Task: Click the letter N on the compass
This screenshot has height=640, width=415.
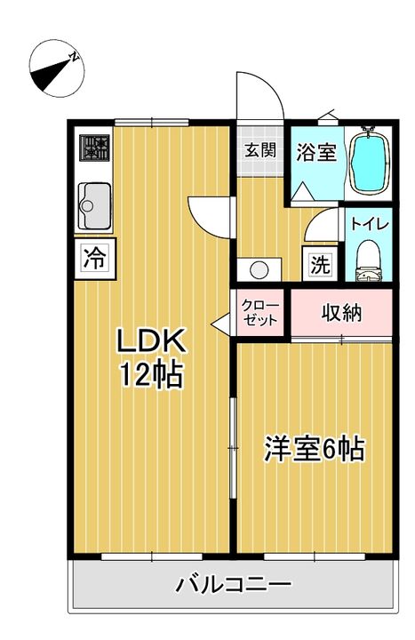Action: pyautogui.click(x=75, y=57)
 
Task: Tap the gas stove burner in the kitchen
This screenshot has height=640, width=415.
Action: pyautogui.click(x=95, y=148)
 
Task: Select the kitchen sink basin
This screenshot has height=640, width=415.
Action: pyautogui.click(x=97, y=206)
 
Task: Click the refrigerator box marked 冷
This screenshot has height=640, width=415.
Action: pyautogui.click(x=95, y=259)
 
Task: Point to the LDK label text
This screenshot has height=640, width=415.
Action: pyautogui.click(x=151, y=340)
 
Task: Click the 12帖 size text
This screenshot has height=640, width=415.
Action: pyautogui.click(x=150, y=375)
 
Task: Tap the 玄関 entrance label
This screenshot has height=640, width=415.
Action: pyautogui.click(x=260, y=150)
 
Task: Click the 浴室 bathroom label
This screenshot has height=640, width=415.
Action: pyautogui.click(x=316, y=152)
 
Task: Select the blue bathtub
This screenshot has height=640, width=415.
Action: pyautogui.click(x=368, y=163)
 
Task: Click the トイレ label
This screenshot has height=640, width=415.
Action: pyautogui.click(x=371, y=225)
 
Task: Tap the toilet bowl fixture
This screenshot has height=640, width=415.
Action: pyautogui.click(x=369, y=261)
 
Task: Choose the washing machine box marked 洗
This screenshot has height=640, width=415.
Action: pyautogui.click(x=320, y=264)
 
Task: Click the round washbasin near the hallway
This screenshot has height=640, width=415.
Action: pyautogui.click(x=259, y=270)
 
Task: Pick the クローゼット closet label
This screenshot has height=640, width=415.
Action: pyautogui.click(x=260, y=312)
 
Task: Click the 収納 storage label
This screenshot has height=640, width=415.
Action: pyautogui.click(x=342, y=313)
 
